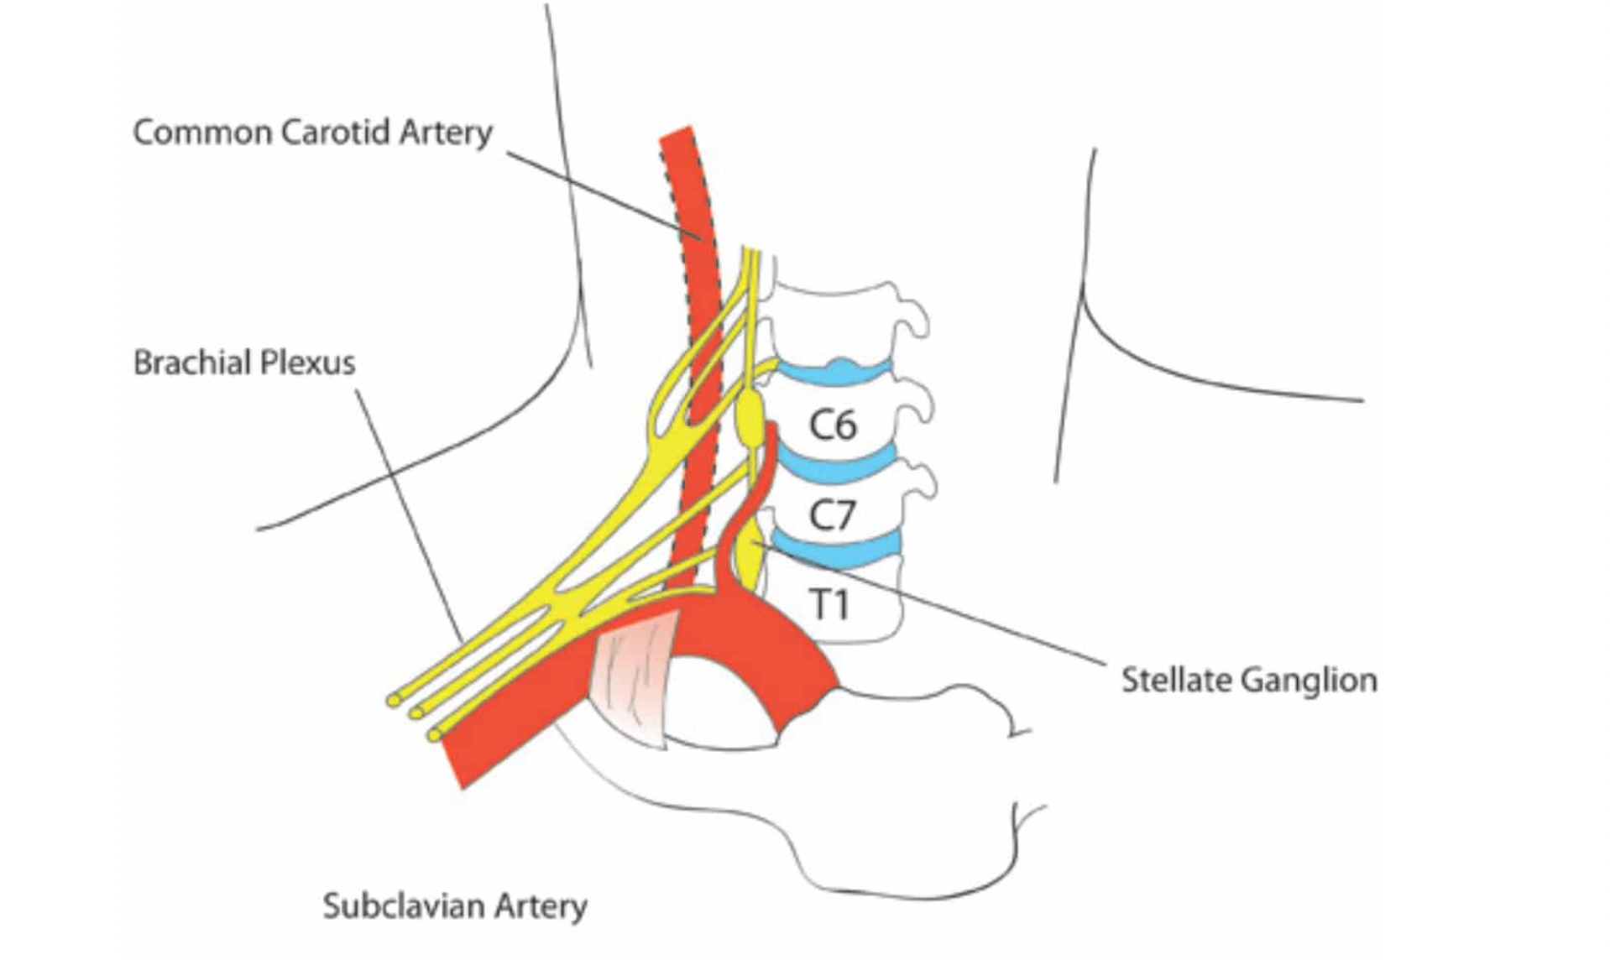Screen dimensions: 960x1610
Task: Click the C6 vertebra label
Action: [832, 425]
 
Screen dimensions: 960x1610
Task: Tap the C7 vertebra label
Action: [831, 514]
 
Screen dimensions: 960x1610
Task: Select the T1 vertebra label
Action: [829, 604]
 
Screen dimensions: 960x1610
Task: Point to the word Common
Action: [202, 133]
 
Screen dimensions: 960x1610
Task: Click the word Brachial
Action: [191, 363]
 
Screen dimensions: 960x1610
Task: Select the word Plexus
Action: [307, 363]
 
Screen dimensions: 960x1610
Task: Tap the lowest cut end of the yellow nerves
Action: [434, 735]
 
